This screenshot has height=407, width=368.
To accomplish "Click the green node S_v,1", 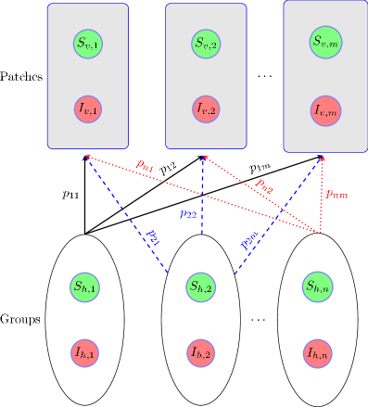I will pos(88,43).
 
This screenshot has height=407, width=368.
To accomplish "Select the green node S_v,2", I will pos(207,43).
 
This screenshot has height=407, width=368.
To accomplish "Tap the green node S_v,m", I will pos(325,42).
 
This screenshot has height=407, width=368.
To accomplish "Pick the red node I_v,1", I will pos(88,108).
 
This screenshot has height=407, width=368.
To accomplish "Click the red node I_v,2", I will pos(207,108).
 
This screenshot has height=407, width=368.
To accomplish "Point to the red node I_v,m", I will pos(325,111).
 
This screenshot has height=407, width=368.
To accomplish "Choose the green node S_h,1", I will pos(85,287).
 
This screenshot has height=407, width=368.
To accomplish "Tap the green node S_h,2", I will pos(202,287).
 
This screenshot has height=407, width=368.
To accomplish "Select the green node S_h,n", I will pos(318,286).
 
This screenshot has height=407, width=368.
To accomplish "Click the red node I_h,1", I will pos(85,352).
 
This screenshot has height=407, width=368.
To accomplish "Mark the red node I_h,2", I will pos(202,353).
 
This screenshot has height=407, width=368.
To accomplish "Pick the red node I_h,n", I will pos(318,353).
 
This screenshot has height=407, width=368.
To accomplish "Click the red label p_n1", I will pos(144,165).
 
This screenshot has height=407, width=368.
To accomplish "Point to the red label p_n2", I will pos(264,185).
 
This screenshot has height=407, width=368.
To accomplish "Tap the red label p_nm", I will pos(336,194).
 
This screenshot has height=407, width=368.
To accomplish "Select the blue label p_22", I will pos(188,213).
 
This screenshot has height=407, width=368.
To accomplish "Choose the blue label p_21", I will pos(153,236).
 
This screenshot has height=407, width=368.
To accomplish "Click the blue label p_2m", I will pos(248,242).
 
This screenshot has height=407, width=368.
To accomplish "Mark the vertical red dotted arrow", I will pos(322,195).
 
